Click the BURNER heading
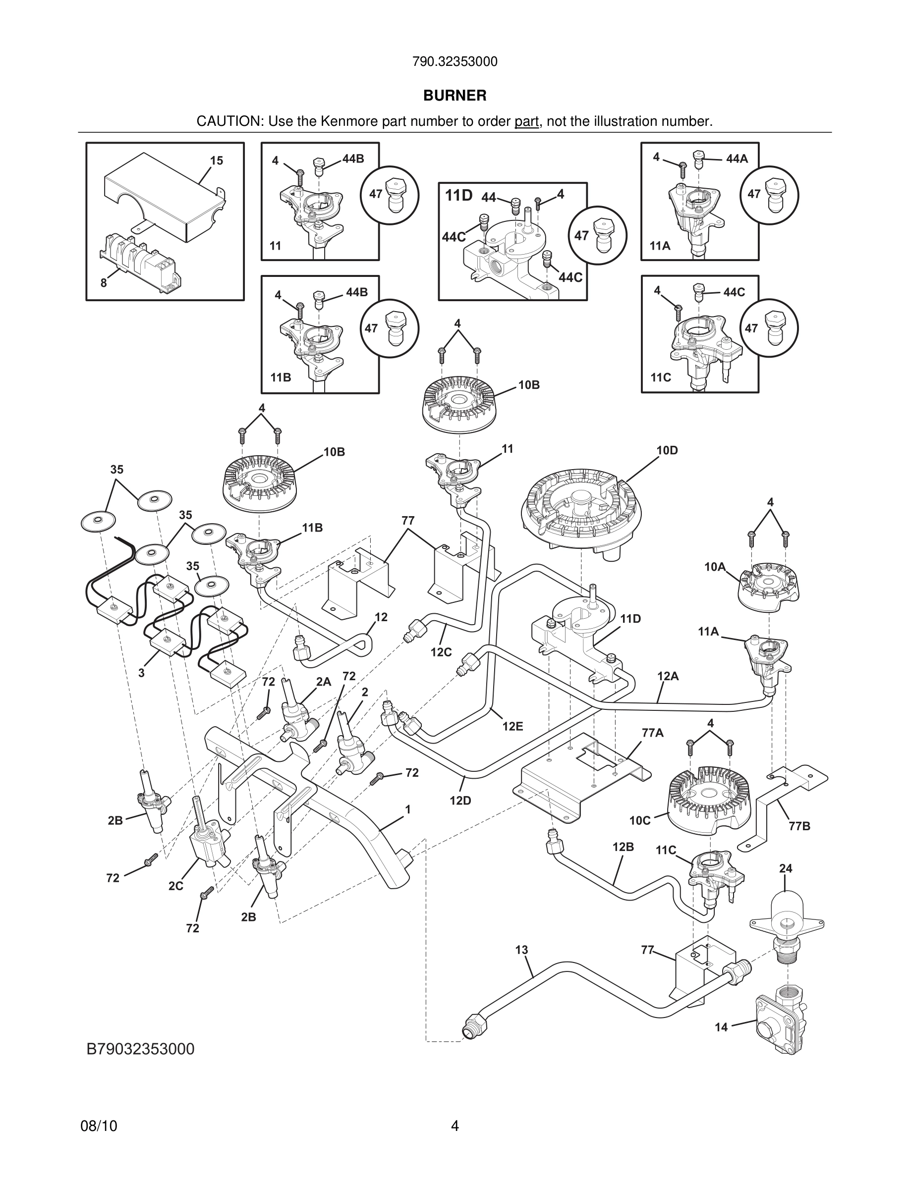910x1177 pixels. coord(455,96)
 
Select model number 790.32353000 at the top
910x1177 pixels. coord(455,62)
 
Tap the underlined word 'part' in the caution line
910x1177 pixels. coord(526,122)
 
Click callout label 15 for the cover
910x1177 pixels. coord(216,160)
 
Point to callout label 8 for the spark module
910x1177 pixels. coord(104,282)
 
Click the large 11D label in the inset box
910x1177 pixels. coord(459,196)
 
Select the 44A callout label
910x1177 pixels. coord(737,159)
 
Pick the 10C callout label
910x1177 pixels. coord(640,820)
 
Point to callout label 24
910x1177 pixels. coord(786,868)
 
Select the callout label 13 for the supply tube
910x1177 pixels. coord(521,950)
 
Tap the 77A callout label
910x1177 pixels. coord(652,733)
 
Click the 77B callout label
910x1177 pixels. coord(799,826)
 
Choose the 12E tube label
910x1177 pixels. coord(512,727)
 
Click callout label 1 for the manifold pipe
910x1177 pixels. coord(408,809)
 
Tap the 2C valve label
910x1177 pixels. coord(176,886)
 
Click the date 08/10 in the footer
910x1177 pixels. coord(99,1126)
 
